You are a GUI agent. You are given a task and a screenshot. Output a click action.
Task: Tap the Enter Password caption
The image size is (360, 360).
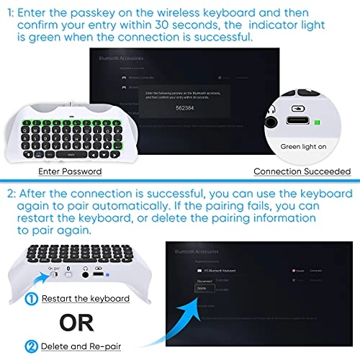69,171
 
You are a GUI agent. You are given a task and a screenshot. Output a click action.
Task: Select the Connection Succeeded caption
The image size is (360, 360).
302,171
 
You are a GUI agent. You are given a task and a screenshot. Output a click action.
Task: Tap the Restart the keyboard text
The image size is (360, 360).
84,298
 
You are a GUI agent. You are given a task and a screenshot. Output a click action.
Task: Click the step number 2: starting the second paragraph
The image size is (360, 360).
11,192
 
